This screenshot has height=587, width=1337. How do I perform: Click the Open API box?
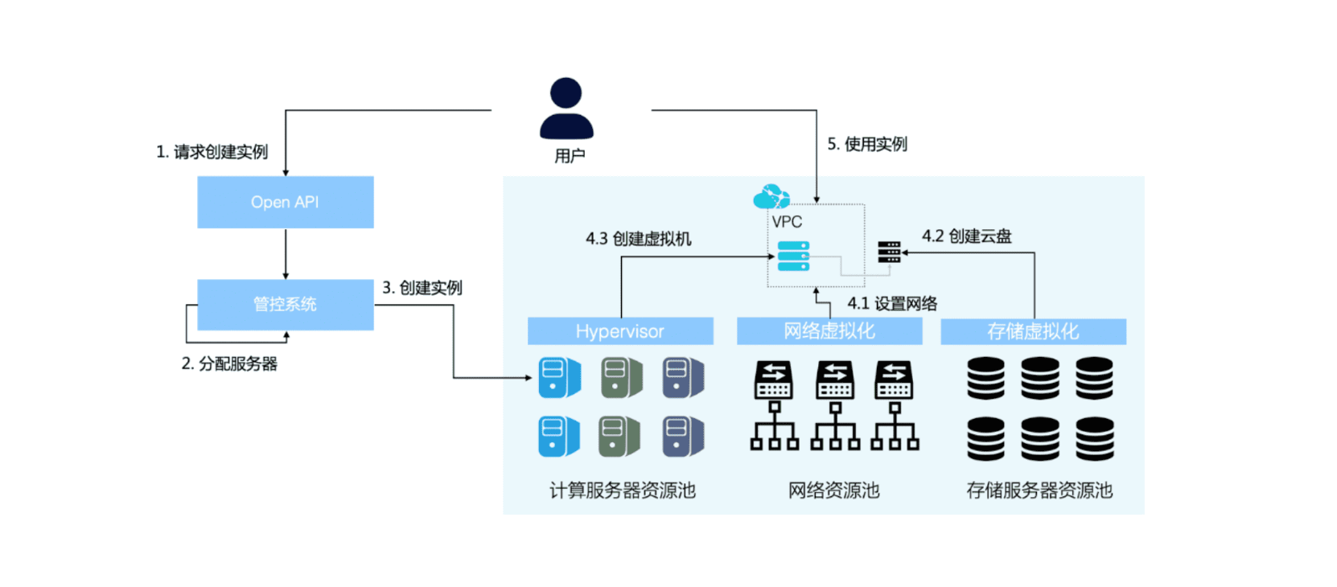285,202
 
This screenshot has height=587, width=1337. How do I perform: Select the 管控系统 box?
285,304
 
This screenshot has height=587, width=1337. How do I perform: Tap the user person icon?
566,109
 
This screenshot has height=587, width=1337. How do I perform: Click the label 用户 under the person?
570,156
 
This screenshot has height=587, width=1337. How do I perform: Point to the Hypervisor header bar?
619,331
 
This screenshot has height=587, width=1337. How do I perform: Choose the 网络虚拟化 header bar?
829,331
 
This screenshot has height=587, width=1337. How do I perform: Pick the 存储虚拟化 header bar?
1033,331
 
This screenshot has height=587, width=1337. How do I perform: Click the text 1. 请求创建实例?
212,152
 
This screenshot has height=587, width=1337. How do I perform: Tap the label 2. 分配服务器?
229,363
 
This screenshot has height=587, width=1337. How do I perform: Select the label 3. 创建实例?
422,288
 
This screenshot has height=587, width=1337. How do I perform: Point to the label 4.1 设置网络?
892,304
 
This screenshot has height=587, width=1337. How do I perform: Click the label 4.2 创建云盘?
966,236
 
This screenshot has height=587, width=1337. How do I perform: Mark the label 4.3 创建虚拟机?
638,239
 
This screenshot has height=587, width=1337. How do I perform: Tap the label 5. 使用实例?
867,144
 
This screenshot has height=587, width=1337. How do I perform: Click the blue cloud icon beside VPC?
771,196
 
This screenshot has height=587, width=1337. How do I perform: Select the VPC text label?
787,222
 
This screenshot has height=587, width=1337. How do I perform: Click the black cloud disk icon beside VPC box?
889,252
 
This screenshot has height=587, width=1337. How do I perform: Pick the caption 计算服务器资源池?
622,491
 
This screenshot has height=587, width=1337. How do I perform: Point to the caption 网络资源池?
833,491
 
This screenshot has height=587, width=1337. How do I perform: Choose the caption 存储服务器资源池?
1039,491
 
